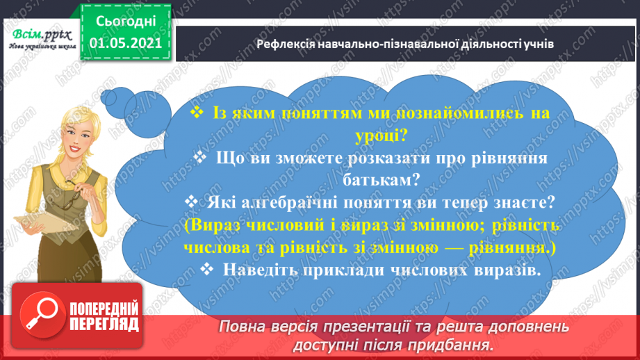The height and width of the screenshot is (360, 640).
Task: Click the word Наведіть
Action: click(256, 270)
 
